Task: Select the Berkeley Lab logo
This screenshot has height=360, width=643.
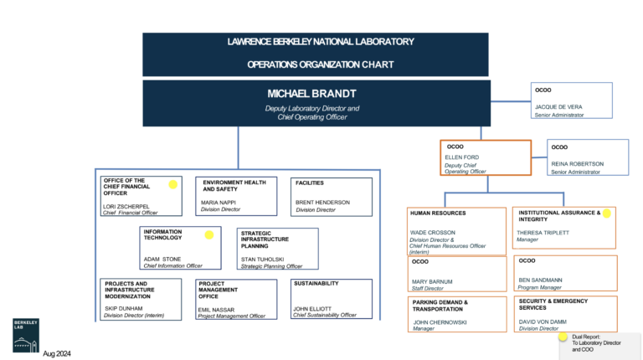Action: click(27, 332)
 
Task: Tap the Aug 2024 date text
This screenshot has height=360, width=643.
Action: click(57, 353)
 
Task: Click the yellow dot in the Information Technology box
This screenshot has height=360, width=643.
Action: click(209, 235)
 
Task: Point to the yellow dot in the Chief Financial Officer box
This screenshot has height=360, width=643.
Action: click(173, 184)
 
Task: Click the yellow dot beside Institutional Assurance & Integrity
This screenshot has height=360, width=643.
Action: click(607, 213)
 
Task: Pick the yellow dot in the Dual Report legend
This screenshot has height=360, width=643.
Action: click(564, 339)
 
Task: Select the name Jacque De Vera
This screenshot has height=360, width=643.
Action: click(558, 107)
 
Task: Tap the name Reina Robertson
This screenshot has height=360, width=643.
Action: click(577, 164)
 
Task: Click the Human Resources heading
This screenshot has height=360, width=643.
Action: click(438, 213)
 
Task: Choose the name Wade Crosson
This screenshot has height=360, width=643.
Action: click(432, 232)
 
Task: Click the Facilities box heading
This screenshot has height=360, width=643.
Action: click(309, 183)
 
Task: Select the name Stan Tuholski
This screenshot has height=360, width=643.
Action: click(261, 259)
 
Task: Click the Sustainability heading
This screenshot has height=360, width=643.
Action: click(316, 284)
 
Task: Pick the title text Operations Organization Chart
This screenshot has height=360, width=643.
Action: click(321, 64)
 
